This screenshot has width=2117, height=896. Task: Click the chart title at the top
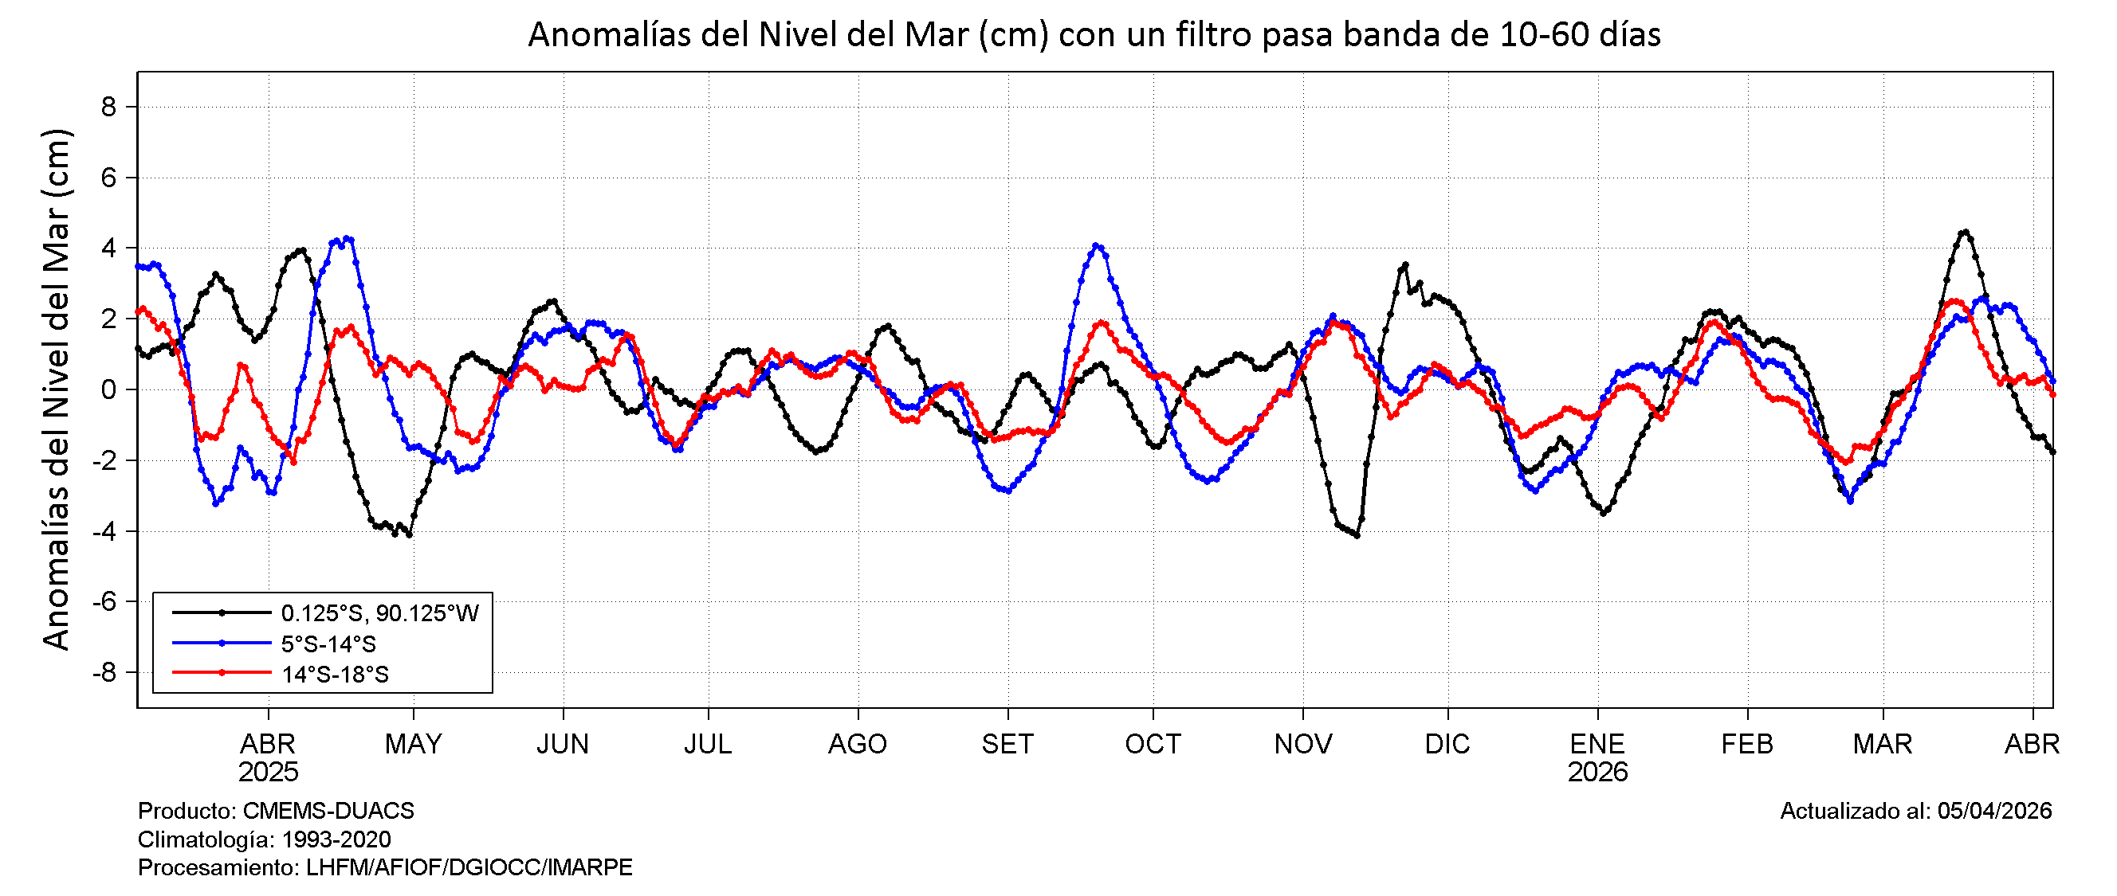pos(1094,35)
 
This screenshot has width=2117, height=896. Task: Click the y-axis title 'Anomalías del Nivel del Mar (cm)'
pos(57,389)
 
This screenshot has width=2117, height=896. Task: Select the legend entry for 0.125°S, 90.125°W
pos(379,613)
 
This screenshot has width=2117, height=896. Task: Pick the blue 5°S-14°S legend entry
pos(328,644)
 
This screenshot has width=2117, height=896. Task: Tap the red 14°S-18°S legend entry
pos(335,675)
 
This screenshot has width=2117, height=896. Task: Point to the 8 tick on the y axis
pos(108,107)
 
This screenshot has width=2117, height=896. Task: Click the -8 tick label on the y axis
pos(104,674)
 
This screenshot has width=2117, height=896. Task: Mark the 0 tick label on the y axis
pos(108,390)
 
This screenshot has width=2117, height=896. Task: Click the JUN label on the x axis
pos(563,744)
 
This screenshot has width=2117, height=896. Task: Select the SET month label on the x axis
pos(1007,744)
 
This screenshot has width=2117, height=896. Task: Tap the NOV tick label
pos(1302,744)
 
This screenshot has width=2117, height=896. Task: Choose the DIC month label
pos(1447,744)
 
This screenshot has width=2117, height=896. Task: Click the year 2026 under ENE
pos(1597,773)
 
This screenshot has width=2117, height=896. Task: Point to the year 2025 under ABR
pos(268,773)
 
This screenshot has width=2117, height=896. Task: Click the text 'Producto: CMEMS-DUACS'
pos(276,812)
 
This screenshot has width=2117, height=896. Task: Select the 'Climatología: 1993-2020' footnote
pos(265,839)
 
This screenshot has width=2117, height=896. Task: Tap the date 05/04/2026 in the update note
pos(1994,812)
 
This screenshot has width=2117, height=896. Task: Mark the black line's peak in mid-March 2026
pos(1965,232)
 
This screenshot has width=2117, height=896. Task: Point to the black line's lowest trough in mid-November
pos(1357,535)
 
